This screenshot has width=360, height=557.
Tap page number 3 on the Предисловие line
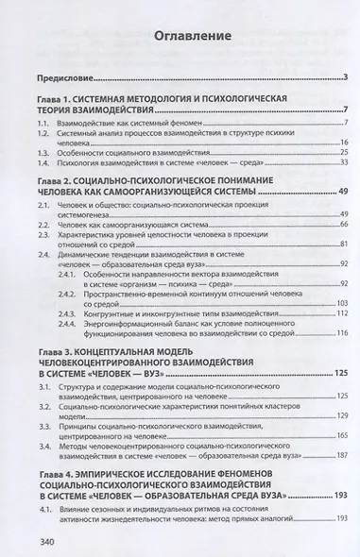point(322,76)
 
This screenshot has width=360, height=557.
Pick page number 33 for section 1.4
point(319,162)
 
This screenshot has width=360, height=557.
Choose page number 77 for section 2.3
point(319,241)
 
